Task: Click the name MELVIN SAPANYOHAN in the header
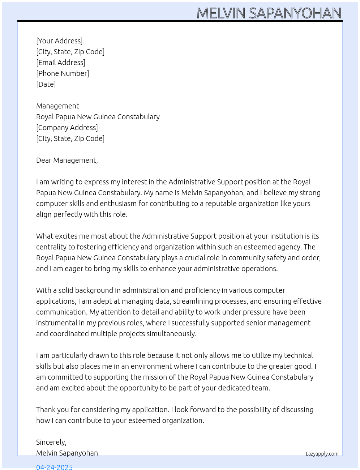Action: (269, 13)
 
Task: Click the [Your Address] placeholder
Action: (59, 41)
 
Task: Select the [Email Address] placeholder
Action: (61, 63)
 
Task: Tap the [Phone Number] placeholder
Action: (63, 73)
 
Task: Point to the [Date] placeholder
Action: (46, 84)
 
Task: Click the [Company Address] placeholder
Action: (67, 128)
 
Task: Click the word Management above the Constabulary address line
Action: (57, 106)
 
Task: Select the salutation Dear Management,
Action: (67, 160)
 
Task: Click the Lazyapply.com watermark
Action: (322, 454)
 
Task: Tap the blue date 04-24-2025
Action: (54, 467)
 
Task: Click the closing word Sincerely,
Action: (51, 442)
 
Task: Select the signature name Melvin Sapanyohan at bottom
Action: (67, 453)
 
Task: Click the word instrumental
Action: (57, 323)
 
